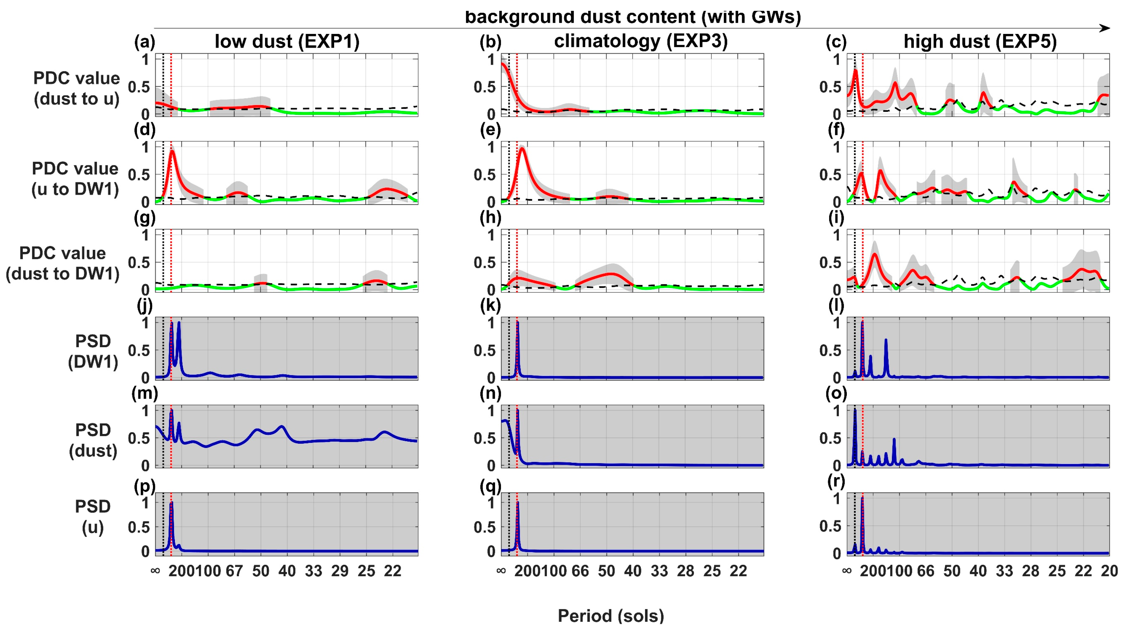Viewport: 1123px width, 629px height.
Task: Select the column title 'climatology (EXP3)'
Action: click(641, 41)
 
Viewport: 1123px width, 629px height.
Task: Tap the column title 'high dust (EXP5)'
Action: click(980, 41)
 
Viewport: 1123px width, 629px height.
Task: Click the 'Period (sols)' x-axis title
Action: click(611, 616)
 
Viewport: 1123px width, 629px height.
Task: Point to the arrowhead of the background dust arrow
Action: click(1105, 28)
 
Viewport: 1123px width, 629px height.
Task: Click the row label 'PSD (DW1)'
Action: click(93, 351)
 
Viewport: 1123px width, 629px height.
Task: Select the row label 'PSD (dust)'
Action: click(93, 440)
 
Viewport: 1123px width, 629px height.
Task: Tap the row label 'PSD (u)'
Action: click(93, 517)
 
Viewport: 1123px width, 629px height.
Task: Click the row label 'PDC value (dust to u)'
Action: click(77, 89)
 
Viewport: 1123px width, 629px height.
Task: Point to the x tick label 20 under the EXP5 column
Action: click(1109, 571)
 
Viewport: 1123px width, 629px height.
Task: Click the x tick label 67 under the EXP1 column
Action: click(234, 571)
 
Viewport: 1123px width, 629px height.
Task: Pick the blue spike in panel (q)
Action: click(518, 506)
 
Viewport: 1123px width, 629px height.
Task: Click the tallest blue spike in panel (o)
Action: click(855, 412)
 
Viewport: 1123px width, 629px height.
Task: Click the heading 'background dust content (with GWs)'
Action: click(633, 17)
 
